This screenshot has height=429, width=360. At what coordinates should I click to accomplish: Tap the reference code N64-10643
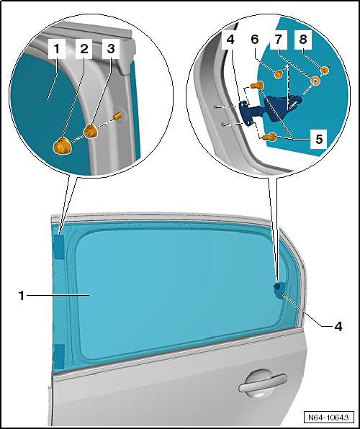pyautogui.click(x=328, y=417)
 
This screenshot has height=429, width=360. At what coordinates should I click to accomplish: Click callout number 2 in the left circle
pyautogui.click(x=84, y=49)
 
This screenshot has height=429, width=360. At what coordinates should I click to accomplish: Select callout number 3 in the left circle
pyautogui.click(x=111, y=49)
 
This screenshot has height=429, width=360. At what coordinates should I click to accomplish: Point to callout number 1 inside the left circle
pyautogui.click(x=57, y=49)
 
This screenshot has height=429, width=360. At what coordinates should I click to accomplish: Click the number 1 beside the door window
pyautogui.click(x=22, y=296)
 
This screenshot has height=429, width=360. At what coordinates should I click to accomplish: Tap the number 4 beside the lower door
pyautogui.click(x=338, y=326)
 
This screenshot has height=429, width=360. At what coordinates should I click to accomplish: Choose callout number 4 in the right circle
pyautogui.click(x=230, y=40)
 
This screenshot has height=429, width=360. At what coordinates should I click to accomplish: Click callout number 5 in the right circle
pyautogui.click(x=319, y=139)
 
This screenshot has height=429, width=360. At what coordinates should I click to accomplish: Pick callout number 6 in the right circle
pyautogui.click(x=255, y=40)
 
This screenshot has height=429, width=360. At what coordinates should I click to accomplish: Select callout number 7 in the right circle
pyautogui.click(x=279, y=40)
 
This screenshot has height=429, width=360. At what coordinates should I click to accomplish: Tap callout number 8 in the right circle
pyautogui.click(x=303, y=40)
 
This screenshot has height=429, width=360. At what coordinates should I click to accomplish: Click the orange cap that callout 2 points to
pyautogui.click(x=62, y=147)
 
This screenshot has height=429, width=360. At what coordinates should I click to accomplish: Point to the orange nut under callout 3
pyautogui.click(x=91, y=131)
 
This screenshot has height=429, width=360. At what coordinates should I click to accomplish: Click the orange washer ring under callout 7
pyautogui.click(x=315, y=81)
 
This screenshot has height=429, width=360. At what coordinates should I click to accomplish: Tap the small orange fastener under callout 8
pyautogui.click(x=325, y=71)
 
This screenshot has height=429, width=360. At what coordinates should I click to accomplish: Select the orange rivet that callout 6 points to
pyautogui.click(x=279, y=74)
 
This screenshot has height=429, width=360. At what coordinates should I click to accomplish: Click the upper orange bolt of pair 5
pyautogui.click(x=257, y=86)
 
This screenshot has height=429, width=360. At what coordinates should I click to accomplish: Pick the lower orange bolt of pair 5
pyautogui.click(x=269, y=137)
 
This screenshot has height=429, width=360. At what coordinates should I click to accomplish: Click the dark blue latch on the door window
pyautogui.click(x=279, y=291)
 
